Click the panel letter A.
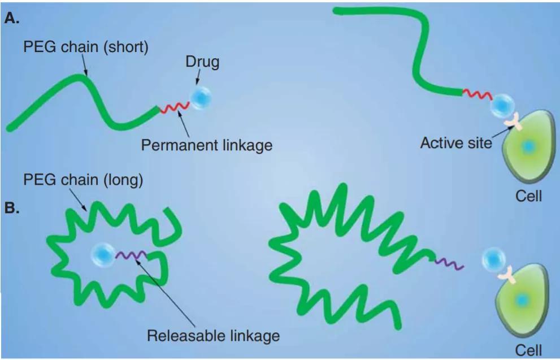[x=11, y=18]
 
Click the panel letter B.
[x=11, y=207]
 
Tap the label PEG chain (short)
[x=85, y=47]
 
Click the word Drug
[x=202, y=62]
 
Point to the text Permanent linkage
[x=206, y=145]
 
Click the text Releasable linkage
[x=213, y=336]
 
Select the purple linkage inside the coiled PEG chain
[x=131, y=255]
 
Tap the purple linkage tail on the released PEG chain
[x=450, y=263]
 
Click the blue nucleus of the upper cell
[x=528, y=147]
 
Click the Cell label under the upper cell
[x=528, y=197]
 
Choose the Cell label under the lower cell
[x=528, y=349]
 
